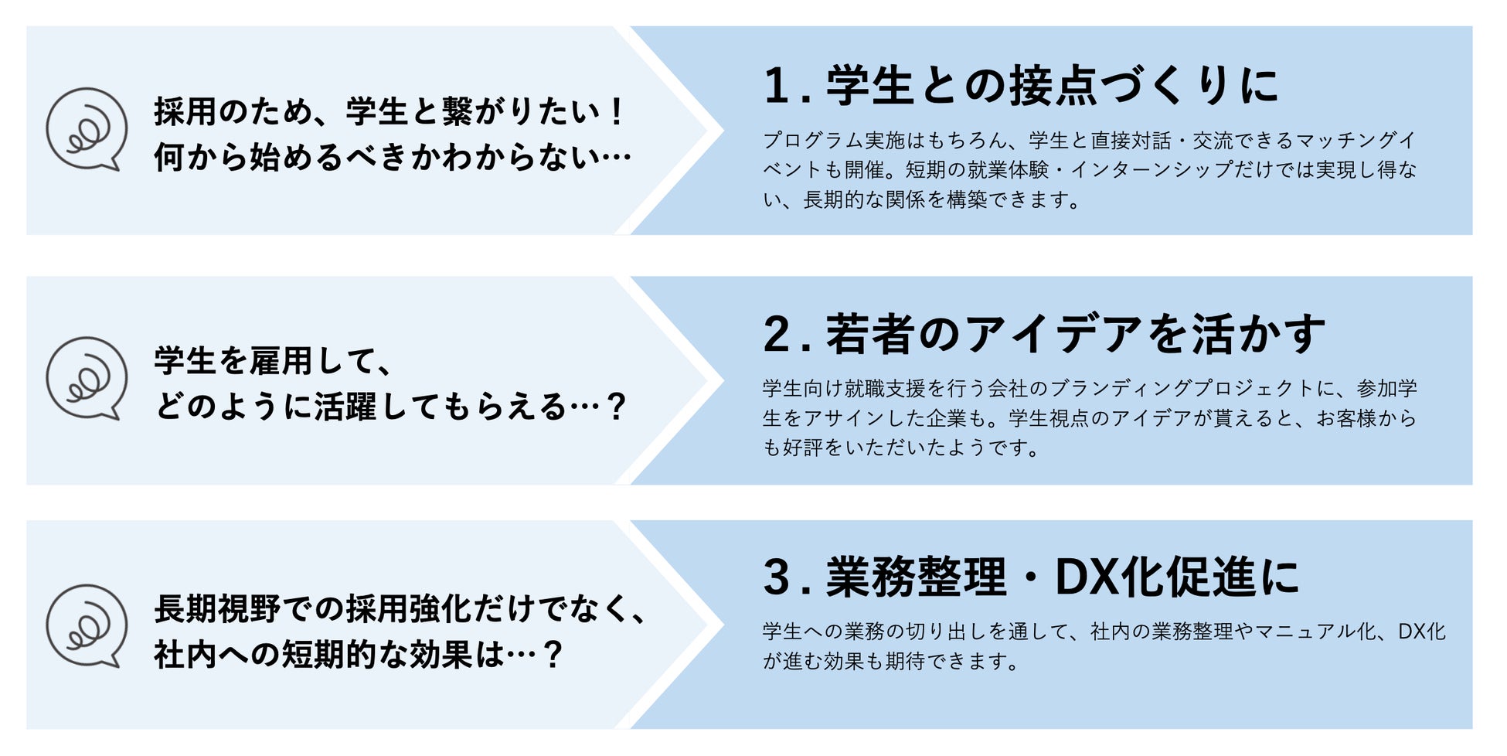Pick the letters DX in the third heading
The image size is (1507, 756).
click(1085, 577)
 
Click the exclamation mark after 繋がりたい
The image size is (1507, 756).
click(616, 112)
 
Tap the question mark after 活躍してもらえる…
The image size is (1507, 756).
click(616, 407)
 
